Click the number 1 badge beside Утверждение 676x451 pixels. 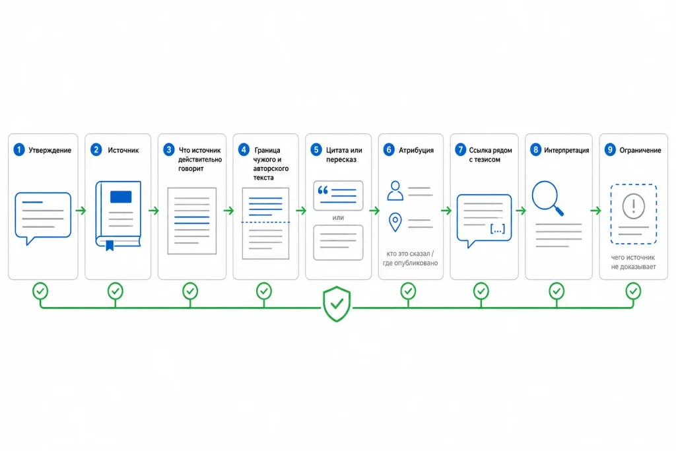(19, 150)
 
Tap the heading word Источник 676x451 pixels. (123, 150)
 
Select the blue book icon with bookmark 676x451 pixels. (118, 215)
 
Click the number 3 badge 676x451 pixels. (168, 150)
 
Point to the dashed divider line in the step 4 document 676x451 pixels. (265, 222)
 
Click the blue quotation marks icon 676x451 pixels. (323, 190)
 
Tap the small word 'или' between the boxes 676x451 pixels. (338, 218)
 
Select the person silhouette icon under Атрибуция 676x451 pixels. (395, 191)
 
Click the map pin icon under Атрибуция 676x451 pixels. (395, 222)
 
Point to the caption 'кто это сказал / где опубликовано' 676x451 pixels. (410, 258)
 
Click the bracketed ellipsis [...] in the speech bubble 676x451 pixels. (498, 229)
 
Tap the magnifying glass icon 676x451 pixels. (547, 198)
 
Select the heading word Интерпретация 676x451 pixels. (566, 150)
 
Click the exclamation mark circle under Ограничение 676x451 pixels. (633, 205)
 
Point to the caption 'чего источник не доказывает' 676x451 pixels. (633, 261)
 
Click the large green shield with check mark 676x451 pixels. (337, 304)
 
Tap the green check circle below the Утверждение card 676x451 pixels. (40, 291)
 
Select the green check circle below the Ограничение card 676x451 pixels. (633, 291)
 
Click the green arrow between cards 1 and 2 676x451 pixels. (81, 211)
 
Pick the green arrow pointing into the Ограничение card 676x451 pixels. (595, 211)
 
